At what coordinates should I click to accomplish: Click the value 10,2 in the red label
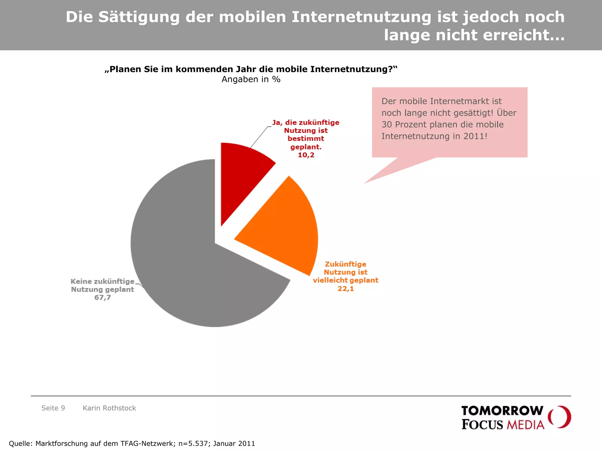tap(306, 155)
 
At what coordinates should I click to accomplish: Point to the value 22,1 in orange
tap(346, 289)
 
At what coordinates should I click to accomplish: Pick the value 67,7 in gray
tap(103, 297)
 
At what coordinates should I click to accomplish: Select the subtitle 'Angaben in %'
tap(251, 79)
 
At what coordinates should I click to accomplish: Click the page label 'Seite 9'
tap(53, 408)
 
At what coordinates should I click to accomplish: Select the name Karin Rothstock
tap(109, 408)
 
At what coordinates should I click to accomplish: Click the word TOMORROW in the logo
tap(502, 411)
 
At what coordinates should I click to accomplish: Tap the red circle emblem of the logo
tap(560, 417)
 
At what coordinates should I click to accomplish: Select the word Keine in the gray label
tap(81, 281)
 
